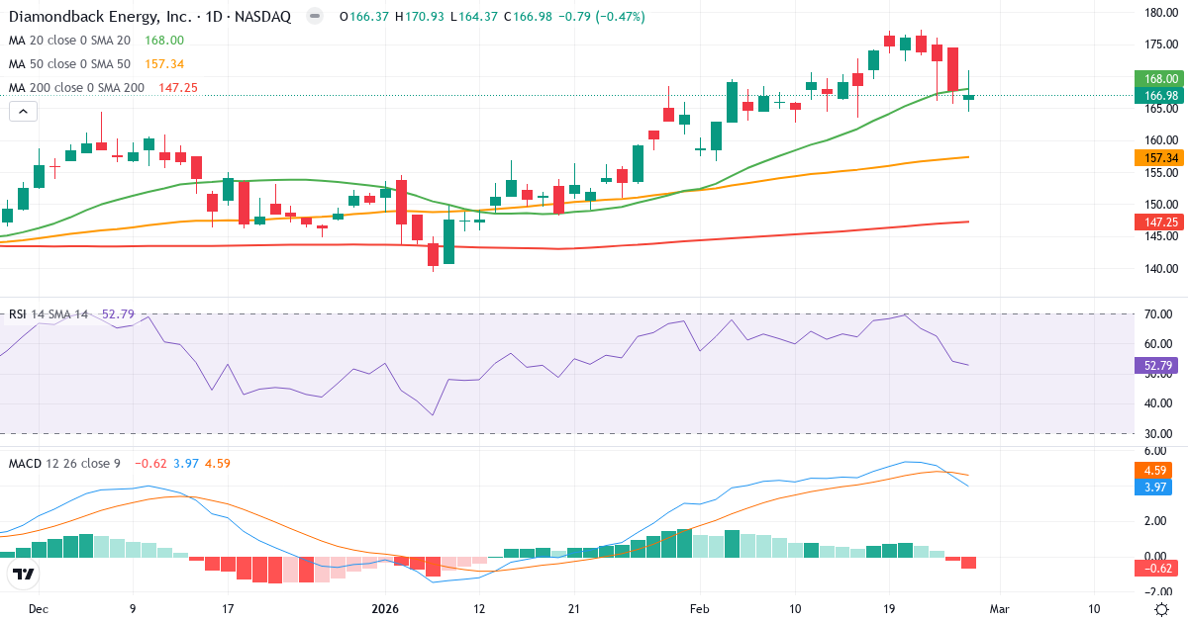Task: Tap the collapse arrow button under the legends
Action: point(23,112)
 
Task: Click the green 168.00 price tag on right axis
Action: point(1155,79)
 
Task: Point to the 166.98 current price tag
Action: point(1155,95)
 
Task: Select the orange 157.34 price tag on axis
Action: point(1155,158)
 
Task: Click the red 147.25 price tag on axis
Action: point(1155,222)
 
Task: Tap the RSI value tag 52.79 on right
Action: point(1155,365)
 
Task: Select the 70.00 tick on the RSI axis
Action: point(1158,314)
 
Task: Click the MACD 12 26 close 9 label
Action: point(65,464)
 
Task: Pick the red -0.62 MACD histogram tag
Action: point(1155,568)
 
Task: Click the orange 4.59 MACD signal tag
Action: point(1155,471)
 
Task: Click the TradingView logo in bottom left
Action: point(23,575)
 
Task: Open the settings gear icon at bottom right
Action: point(1161,609)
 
